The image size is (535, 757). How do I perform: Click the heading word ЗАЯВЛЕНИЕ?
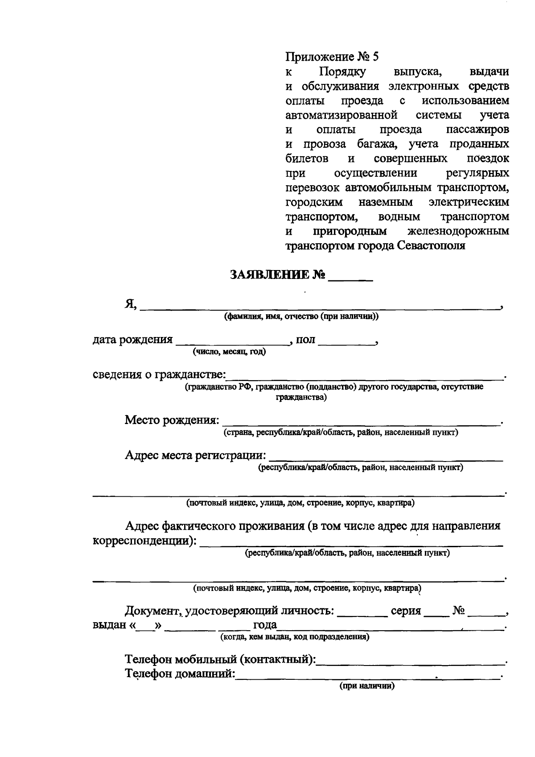(x=270, y=275)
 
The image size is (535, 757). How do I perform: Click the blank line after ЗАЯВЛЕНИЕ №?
(x=350, y=278)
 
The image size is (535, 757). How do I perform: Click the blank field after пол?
(x=346, y=342)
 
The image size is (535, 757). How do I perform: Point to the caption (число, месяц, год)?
(x=229, y=352)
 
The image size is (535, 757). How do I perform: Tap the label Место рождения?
(x=172, y=420)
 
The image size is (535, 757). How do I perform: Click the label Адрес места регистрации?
(x=196, y=455)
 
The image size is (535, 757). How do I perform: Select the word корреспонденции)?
(x=144, y=541)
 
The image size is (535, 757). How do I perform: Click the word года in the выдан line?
(x=265, y=625)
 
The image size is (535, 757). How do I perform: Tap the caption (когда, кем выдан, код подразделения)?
(x=295, y=637)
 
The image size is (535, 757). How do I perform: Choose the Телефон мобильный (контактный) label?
(x=220, y=659)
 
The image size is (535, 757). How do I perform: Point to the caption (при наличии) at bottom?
(x=367, y=686)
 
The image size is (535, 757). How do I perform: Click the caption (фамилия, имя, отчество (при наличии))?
(x=301, y=316)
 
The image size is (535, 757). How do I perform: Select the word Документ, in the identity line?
(x=153, y=611)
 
